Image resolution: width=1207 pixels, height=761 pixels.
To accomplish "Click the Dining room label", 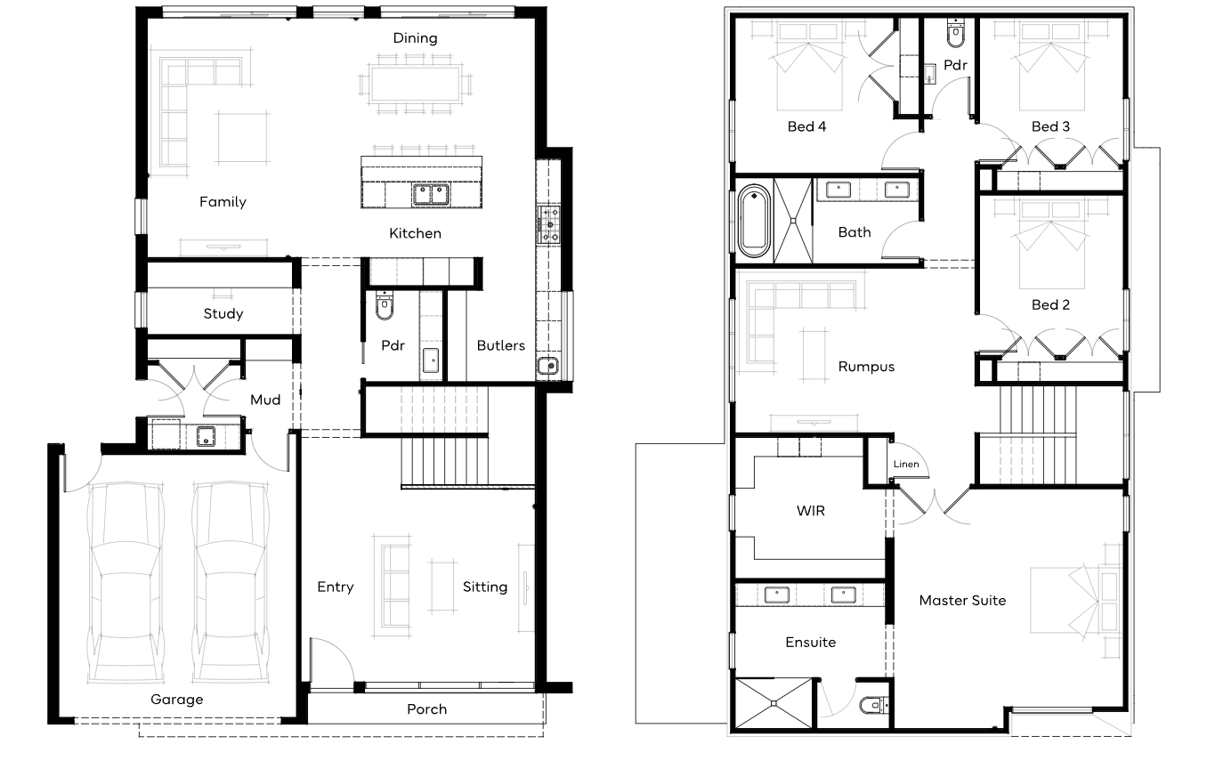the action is [x=415, y=38].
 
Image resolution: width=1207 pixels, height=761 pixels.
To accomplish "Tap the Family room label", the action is [x=223, y=202].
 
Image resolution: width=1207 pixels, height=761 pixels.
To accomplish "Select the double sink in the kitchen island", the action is [x=431, y=195].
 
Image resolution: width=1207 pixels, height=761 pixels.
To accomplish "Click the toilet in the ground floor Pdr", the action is [x=385, y=305].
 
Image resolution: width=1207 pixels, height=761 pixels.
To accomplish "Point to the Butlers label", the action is [x=500, y=345].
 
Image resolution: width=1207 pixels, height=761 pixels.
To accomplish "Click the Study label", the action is [x=223, y=313].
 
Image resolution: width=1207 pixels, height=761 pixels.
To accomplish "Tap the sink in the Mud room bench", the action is [x=206, y=436].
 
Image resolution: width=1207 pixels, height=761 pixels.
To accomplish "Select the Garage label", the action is [x=177, y=700].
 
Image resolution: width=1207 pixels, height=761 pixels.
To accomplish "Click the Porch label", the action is [x=426, y=709].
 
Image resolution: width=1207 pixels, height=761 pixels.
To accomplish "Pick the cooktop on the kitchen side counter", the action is [x=548, y=224].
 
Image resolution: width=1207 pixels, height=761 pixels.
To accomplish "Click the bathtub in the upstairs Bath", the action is [x=754, y=221].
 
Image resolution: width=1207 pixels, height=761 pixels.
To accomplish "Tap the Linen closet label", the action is [x=906, y=464].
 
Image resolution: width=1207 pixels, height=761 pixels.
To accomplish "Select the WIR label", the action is [x=810, y=511].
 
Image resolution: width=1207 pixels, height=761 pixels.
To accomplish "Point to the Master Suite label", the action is [x=962, y=601].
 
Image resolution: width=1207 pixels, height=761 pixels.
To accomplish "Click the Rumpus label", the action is [x=866, y=367].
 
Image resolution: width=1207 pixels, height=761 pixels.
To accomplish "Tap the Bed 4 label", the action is [x=806, y=126].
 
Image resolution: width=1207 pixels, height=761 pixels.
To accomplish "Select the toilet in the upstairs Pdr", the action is [x=955, y=34].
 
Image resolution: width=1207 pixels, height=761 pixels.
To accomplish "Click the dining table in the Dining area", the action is [x=415, y=83].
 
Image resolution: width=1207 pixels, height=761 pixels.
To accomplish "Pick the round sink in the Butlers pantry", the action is [x=548, y=366].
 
